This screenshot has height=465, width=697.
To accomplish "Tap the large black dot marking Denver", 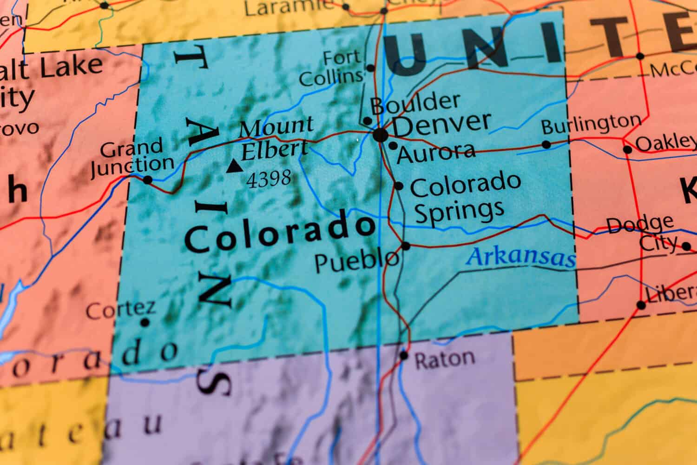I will point(380,135).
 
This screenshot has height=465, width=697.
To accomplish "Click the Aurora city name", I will point(436,152).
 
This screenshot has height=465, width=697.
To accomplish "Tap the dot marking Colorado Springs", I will point(398,186).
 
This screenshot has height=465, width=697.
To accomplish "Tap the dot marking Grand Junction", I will point(148,179).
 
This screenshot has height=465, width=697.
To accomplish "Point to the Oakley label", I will point(664,143).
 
